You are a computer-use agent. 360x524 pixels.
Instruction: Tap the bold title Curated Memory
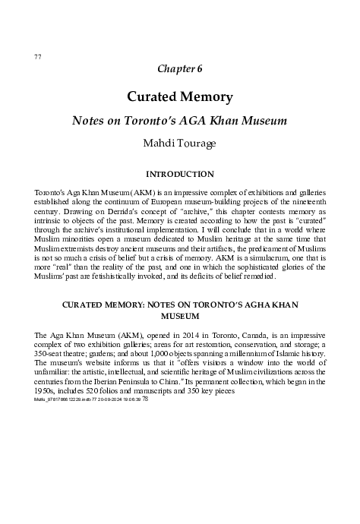pos(179,98)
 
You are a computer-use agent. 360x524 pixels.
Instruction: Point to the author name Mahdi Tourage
pos(179,141)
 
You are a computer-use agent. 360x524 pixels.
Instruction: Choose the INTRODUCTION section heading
pos(179,174)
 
